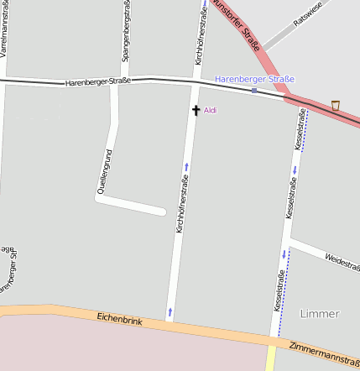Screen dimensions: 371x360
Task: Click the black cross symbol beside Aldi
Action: [x=196, y=110]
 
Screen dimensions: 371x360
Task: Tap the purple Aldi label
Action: [x=210, y=110]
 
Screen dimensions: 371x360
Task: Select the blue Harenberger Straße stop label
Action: [x=254, y=79]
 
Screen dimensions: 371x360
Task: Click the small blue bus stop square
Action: [x=254, y=90]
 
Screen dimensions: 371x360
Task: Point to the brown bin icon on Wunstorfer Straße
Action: [x=336, y=104]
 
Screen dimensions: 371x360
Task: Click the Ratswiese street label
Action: [x=308, y=22]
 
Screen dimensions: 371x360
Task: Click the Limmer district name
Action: [x=320, y=314]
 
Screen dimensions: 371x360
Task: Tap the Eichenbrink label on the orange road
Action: [x=120, y=319]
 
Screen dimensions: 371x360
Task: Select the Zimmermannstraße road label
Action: [x=323, y=352]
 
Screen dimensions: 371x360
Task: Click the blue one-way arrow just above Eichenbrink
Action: [x=170, y=312]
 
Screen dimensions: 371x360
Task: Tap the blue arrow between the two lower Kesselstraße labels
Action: [x=284, y=253]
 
